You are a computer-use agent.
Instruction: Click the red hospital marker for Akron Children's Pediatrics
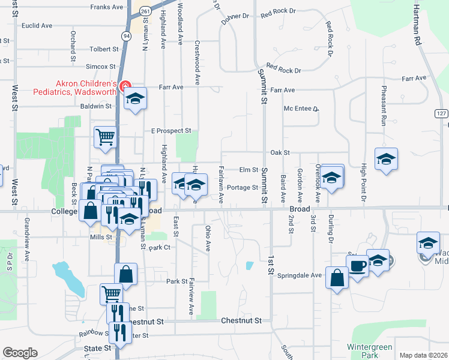(125, 86)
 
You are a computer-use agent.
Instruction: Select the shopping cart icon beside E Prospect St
(105, 137)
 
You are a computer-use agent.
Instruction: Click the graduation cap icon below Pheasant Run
(387, 159)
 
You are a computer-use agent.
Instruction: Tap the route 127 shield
(442, 113)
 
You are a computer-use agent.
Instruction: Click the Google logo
(20, 353)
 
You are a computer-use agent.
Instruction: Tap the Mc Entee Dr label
(301, 109)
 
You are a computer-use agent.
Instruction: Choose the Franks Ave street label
(107, 7)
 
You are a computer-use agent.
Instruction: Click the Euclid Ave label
(37, 26)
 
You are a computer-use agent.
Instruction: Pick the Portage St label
(243, 187)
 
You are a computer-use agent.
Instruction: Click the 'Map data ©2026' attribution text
(423, 355)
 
